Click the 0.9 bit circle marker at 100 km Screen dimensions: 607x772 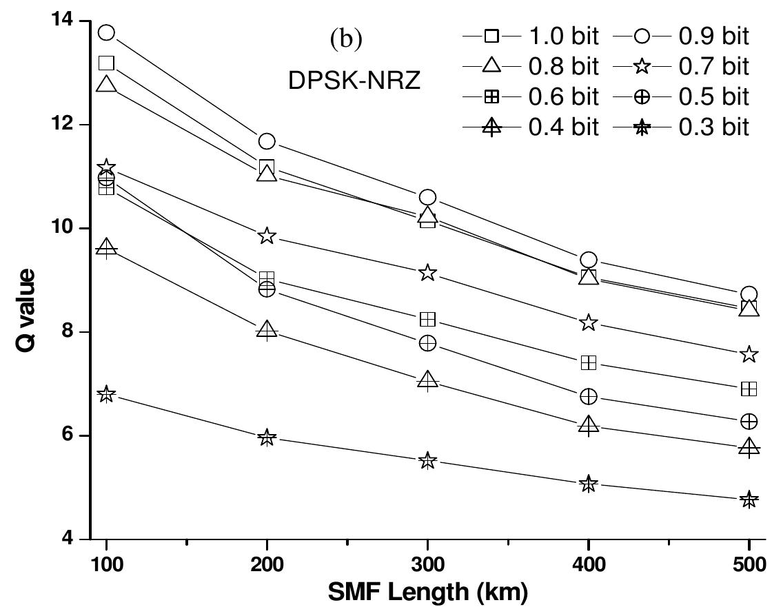pos(106,32)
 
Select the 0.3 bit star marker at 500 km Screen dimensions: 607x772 pos(749,500)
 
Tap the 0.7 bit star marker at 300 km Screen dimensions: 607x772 pos(427,273)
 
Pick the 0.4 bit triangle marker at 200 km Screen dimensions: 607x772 pos(267,330)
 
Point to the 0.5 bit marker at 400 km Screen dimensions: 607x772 pos(588,396)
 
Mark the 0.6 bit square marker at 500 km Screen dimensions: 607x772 pos(749,389)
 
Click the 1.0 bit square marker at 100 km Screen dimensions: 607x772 pos(106,63)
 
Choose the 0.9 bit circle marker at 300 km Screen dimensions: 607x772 pos(427,198)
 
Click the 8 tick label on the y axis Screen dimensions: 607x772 pos(72,332)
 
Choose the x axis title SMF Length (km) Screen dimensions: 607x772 pos(427,591)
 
